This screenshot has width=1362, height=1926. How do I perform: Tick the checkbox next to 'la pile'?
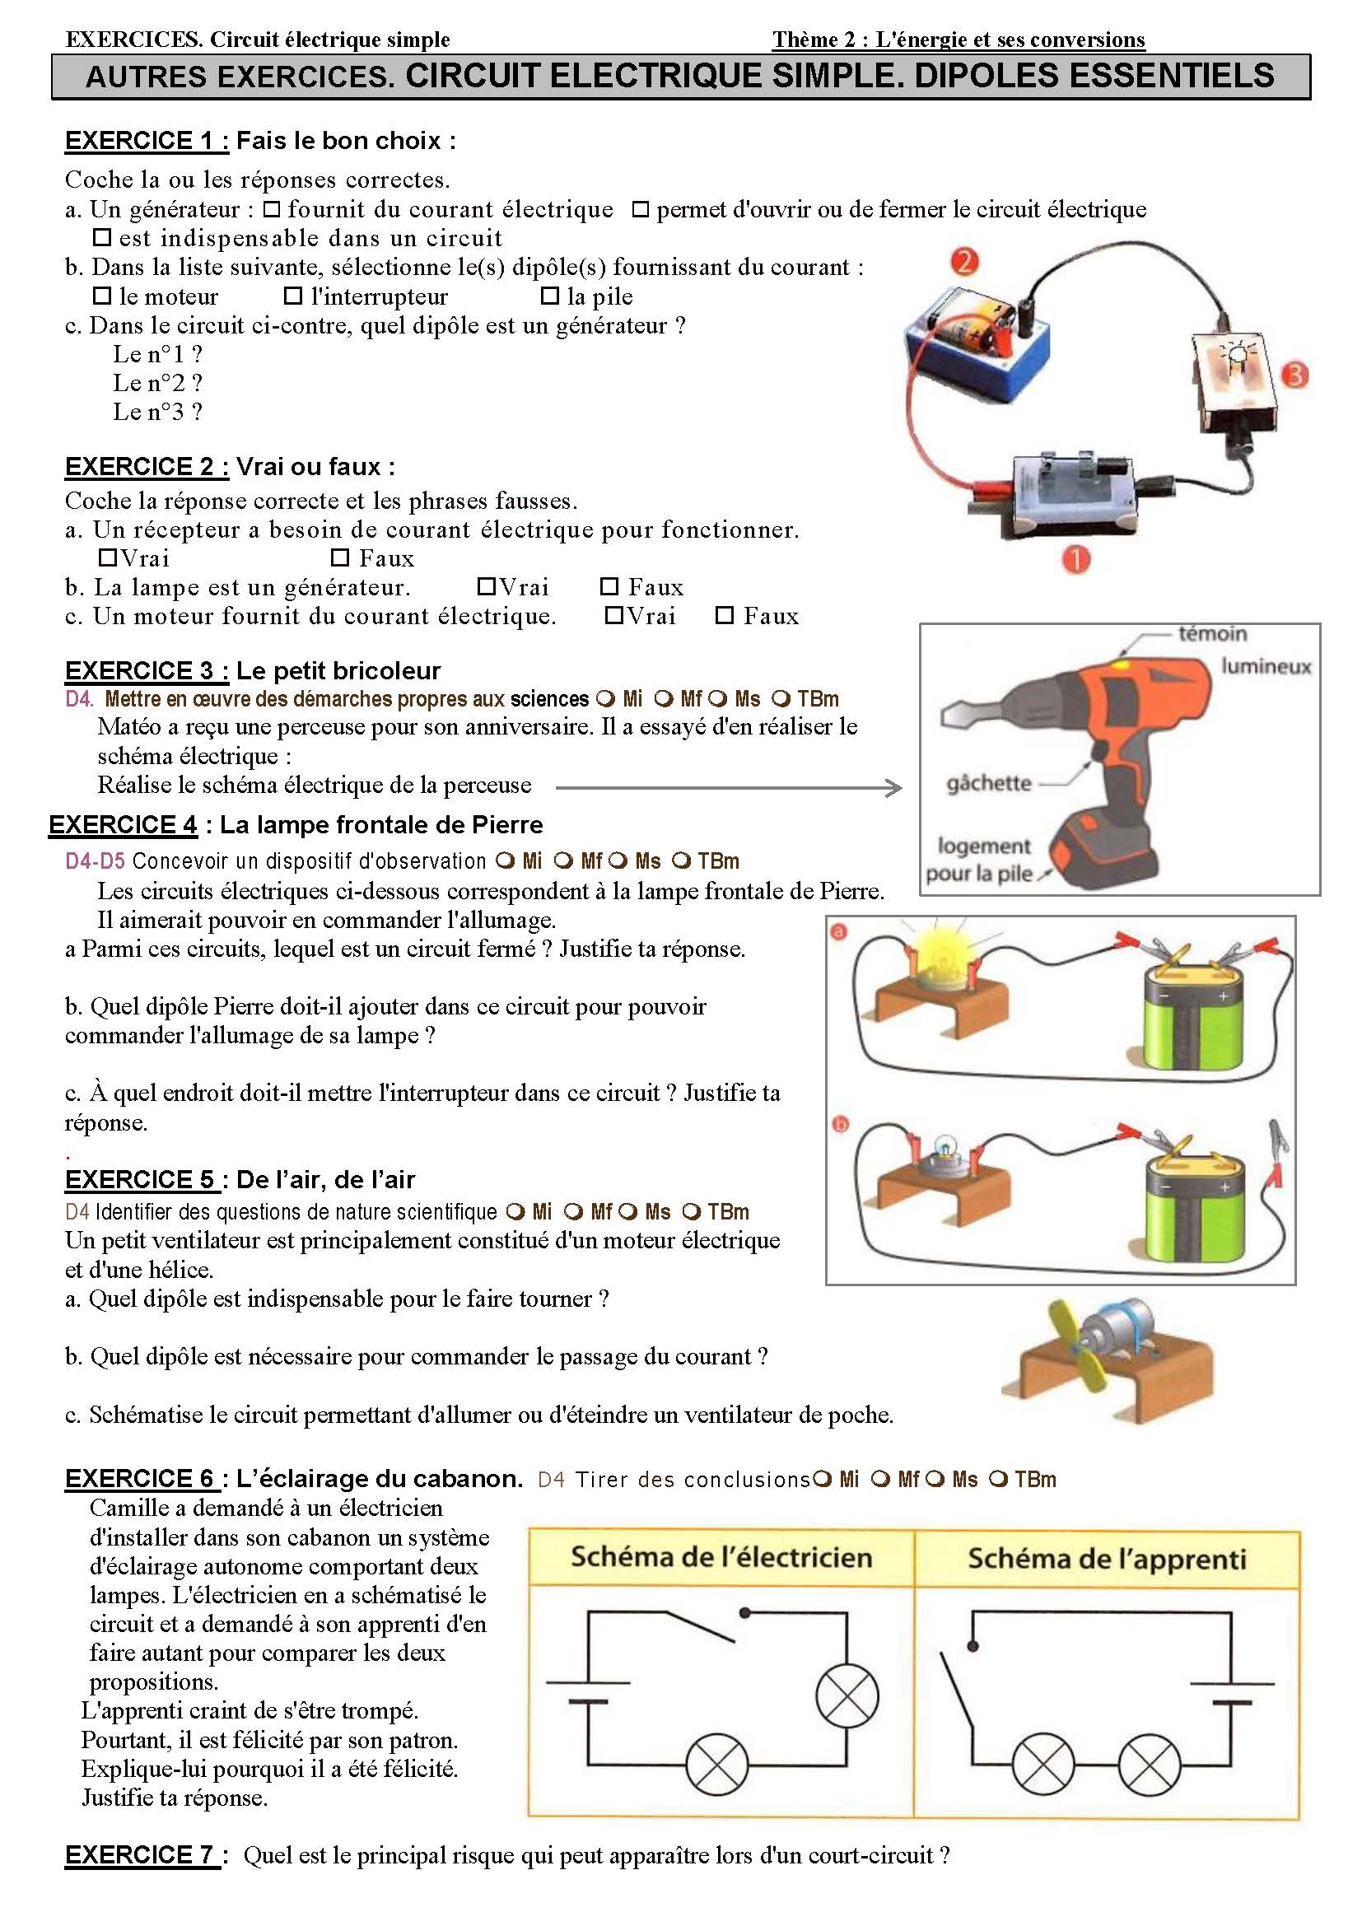tap(550, 296)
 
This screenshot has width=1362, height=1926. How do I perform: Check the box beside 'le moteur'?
tap(102, 296)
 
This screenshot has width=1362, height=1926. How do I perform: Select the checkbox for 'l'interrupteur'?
tap(292, 296)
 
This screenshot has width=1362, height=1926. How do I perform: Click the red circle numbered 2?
tap(964, 262)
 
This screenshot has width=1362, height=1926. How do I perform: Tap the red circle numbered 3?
tap(1296, 375)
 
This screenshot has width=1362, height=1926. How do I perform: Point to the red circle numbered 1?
tap(1075, 559)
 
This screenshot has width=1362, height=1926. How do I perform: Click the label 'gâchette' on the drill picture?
tap(989, 782)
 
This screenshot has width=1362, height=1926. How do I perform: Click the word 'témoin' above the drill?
tap(1212, 633)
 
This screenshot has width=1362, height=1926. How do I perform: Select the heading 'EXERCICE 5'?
tap(141, 1179)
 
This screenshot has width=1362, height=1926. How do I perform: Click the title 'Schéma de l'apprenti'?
tap(1106, 1559)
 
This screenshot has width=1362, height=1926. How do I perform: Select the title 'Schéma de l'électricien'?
tap(721, 1557)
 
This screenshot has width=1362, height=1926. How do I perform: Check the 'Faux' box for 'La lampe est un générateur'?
tap(609, 586)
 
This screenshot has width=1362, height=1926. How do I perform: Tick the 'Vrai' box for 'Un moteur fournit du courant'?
tap(614, 616)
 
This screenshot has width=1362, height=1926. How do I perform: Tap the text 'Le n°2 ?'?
tap(157, 384)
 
